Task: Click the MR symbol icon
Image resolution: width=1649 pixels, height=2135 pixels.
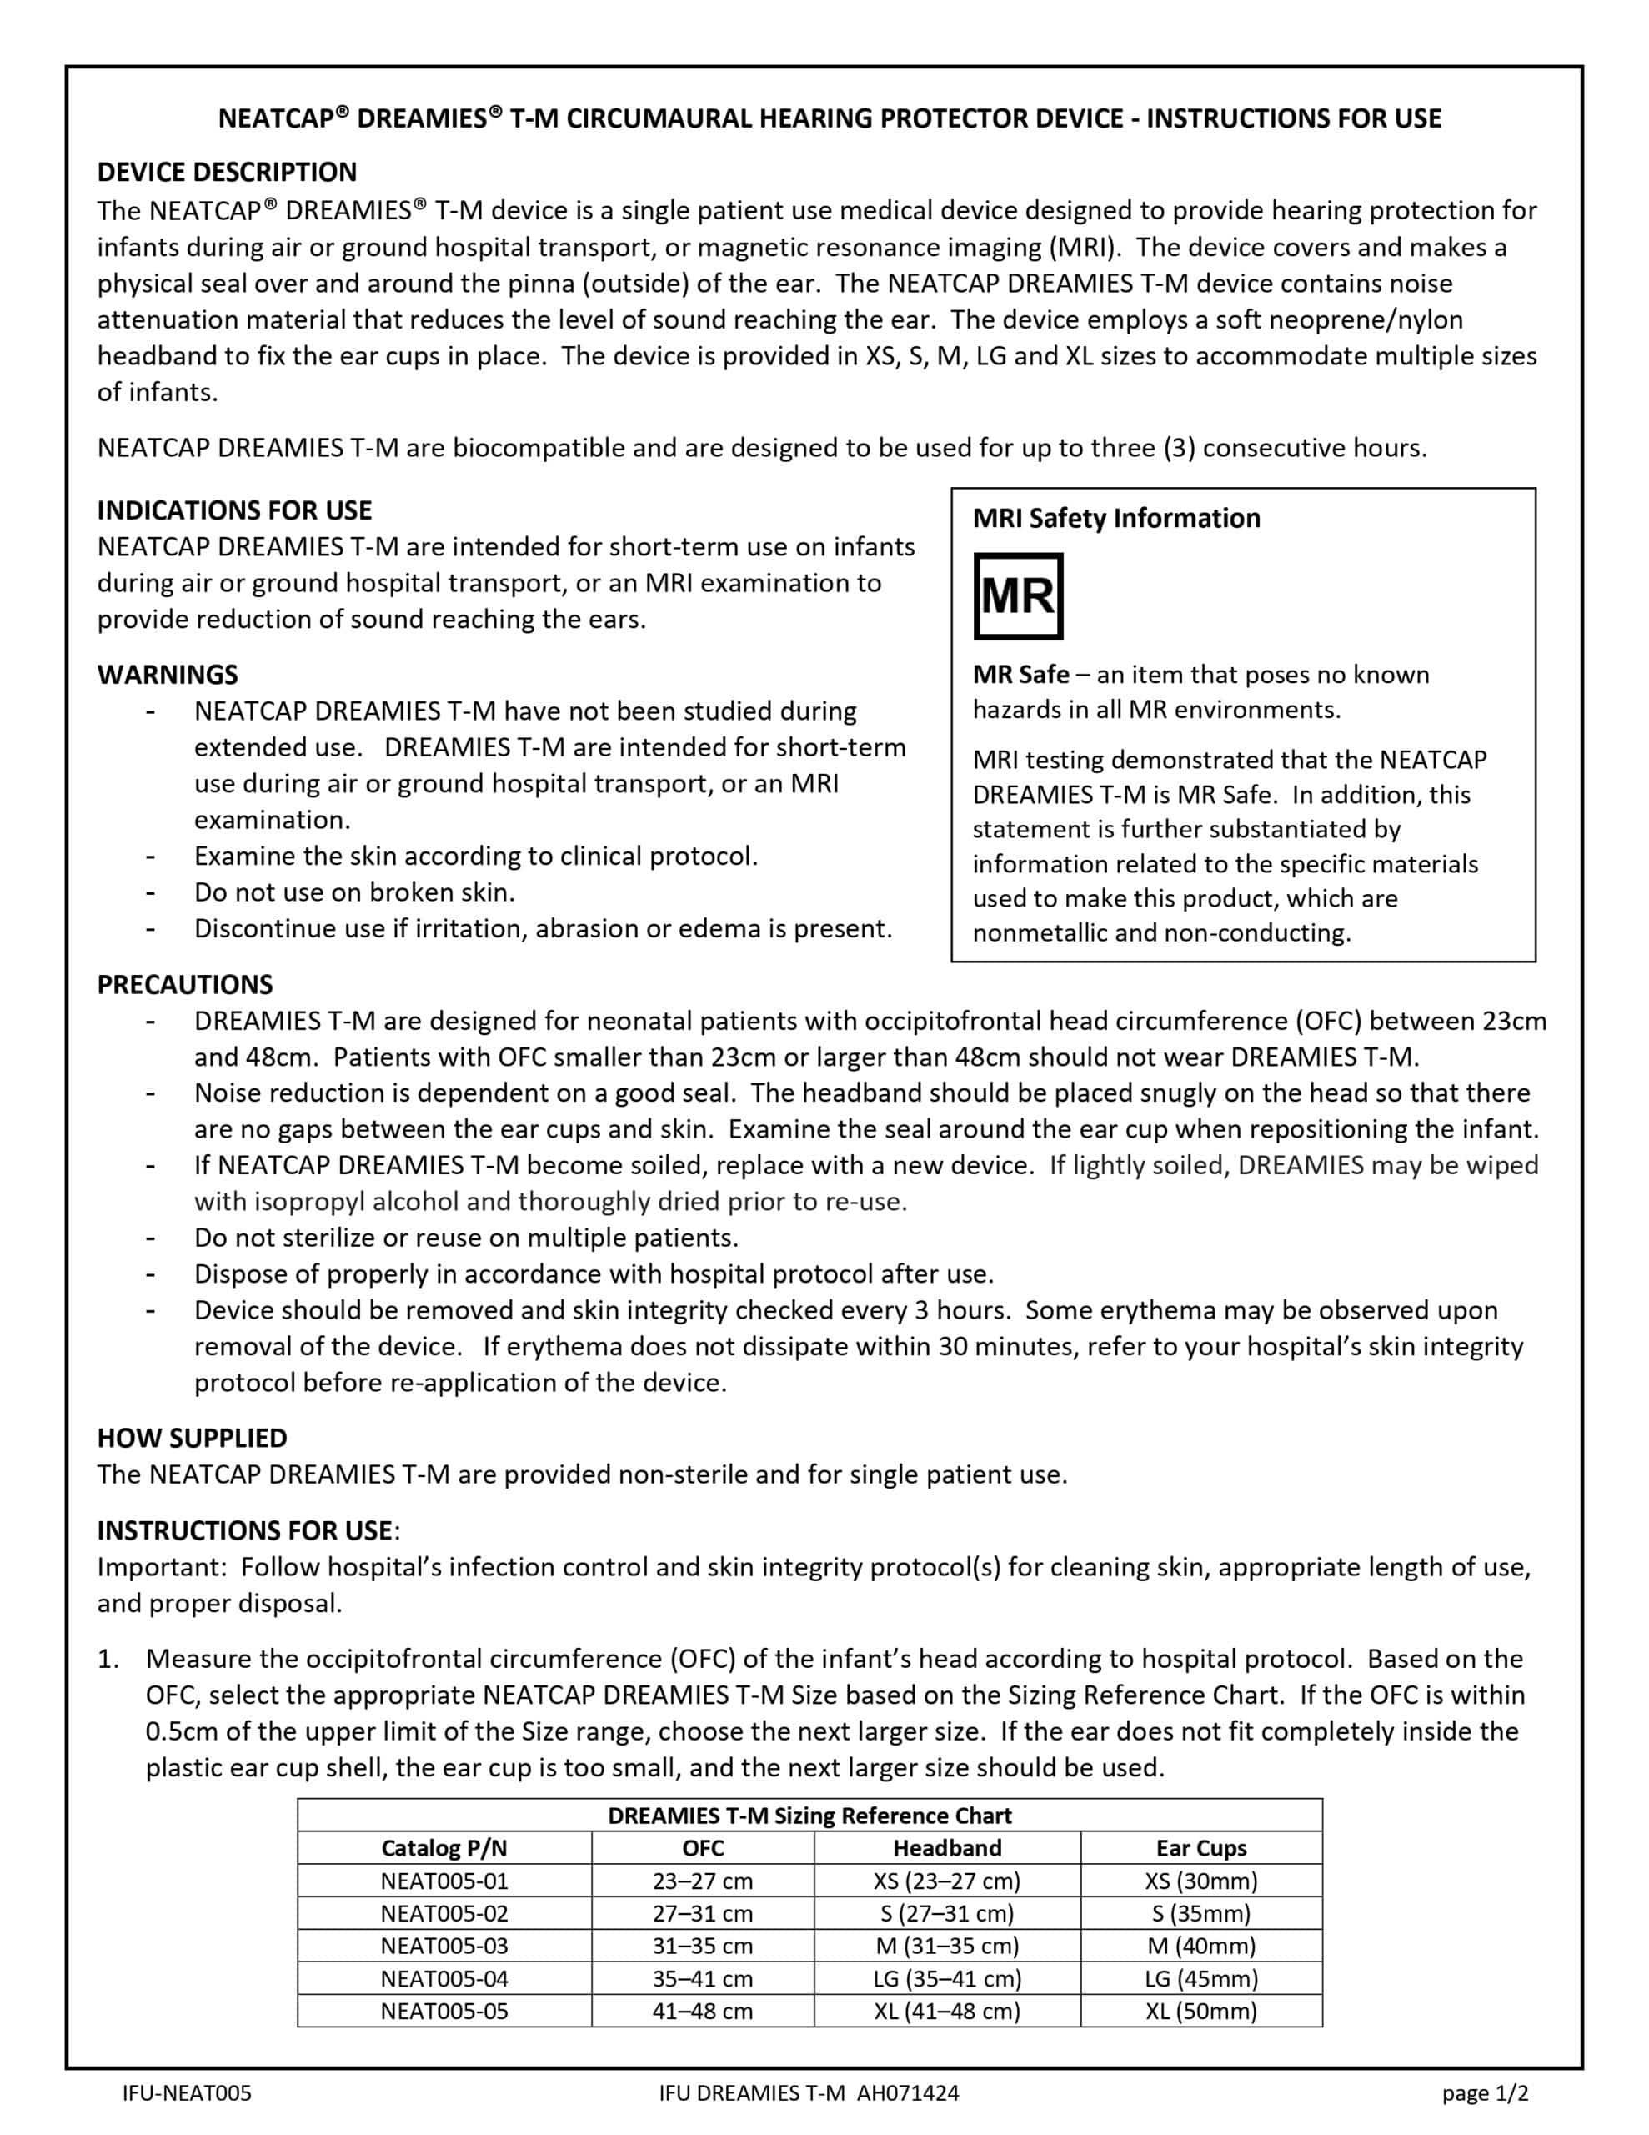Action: coord(1018,596)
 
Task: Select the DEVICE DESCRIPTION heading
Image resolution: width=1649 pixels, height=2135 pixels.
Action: coord(227,172)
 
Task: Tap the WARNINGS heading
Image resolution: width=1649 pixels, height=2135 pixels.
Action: coord(167,675)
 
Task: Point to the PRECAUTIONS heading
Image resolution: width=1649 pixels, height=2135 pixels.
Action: coord(185,984)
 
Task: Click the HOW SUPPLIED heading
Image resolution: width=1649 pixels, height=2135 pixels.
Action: coord(192,1438)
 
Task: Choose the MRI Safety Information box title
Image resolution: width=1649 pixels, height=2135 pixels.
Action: coord(1116,518)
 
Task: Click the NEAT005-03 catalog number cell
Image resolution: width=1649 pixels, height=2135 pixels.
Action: coord(444,1946)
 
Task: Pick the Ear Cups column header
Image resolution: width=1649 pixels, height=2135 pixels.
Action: coord(1201,1847)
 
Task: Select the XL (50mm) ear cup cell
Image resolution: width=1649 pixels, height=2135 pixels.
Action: coord(1201,2011)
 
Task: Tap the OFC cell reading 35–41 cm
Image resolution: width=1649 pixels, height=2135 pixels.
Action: coord(703,1978)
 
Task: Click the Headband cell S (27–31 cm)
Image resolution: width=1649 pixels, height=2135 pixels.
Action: coord(947,1913)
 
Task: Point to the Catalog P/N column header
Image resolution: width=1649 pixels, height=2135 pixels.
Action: coord(444,1847)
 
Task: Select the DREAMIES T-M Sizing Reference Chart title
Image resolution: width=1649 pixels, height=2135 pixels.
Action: coord(809,1816)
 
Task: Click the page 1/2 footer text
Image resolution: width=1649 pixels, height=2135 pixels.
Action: coord(1485,2093)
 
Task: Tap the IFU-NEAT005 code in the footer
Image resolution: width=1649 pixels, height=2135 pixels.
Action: coord(187,2093)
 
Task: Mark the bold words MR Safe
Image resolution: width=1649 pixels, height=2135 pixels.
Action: coord(1020,675)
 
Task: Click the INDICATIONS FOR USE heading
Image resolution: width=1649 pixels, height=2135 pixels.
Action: coord(234,510)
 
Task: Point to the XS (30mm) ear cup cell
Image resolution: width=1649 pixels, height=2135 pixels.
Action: coord(1201,1881)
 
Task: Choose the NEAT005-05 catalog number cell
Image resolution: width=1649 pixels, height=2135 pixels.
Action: coord(444,2011)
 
